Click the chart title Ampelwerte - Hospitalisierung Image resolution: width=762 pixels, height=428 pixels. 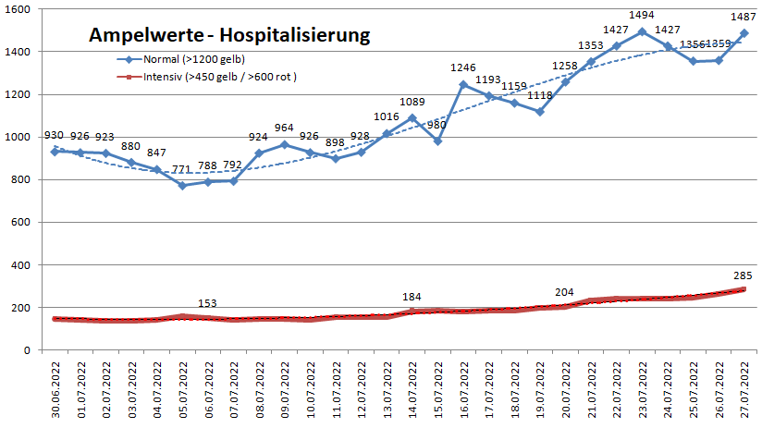click(229, 35)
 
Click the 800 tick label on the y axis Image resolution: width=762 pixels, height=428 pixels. click(20, 179)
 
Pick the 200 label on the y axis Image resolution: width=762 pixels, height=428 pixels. click(20, 308)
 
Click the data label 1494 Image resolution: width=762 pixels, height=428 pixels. click(642, 17)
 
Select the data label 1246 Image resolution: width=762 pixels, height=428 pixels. click(463, 67)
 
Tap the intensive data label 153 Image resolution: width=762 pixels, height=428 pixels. click(210, 303)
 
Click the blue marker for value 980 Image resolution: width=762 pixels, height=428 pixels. click(437, 141)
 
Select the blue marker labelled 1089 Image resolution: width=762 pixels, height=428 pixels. click(412, 118)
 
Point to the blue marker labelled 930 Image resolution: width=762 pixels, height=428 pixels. click(55, 152)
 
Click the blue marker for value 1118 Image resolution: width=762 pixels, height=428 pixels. click(539, 112)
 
